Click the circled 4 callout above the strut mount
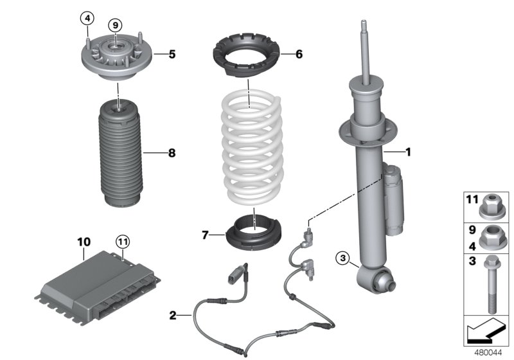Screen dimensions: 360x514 click(87, 17)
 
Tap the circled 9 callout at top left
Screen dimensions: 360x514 click(114, 25)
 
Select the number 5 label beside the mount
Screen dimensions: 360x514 click(172, 55)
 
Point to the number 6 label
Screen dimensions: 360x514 click(299, 55)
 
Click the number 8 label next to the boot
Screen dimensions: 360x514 click(172, 153)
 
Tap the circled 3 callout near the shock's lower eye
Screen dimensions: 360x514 click(343, 259)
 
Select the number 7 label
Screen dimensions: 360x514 click(205, 237)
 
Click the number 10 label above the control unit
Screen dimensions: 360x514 click(84, 242)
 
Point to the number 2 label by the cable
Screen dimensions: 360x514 click(172, 315)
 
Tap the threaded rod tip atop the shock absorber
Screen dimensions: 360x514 click(364, 29)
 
